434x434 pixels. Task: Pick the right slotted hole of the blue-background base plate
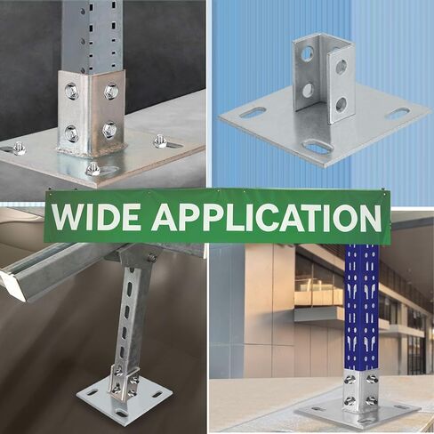pos(398,113)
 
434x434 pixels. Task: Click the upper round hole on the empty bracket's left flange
pos(307,53)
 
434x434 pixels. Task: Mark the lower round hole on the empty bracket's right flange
pos(342,104)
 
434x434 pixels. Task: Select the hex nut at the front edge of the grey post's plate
pos(93,169)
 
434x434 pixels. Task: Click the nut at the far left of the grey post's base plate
pos(20,148)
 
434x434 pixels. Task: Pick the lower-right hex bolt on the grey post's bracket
pos(109,129)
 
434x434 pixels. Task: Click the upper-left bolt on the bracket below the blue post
pos(350,380)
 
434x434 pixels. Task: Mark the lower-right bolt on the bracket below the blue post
pos(371,401)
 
